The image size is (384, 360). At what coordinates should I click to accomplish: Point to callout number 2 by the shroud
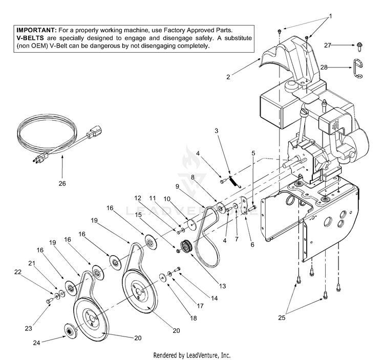228,77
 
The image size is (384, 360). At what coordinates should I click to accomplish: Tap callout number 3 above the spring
217,131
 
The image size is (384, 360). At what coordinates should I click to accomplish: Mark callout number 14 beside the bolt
214,298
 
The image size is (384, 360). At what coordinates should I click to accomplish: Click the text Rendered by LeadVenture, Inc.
192,355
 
